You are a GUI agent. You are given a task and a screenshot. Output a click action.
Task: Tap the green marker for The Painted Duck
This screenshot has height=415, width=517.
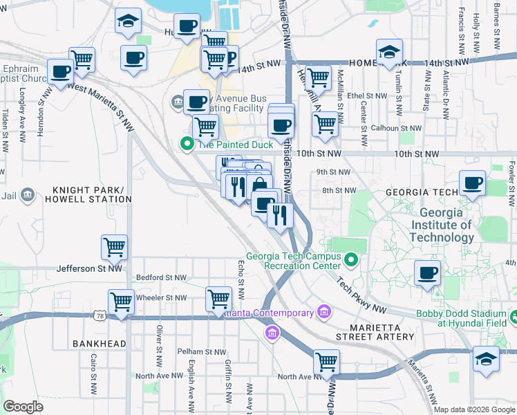point(186,144)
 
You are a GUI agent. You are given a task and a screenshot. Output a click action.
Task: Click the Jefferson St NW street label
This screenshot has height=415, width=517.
point(89,268)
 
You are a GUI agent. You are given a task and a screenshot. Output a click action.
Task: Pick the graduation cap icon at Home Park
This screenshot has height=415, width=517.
point(389,53)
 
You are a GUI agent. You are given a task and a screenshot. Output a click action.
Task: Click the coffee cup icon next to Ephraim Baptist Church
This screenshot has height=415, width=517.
point(61,71)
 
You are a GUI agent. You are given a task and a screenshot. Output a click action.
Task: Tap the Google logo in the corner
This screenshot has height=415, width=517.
point(23,407)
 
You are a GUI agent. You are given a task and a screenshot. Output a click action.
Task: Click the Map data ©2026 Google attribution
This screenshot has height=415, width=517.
point(475,409)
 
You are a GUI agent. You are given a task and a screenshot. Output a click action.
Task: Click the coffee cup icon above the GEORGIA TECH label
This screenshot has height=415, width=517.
point(472,183)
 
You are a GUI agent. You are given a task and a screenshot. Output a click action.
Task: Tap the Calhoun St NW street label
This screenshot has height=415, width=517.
point(396,128)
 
